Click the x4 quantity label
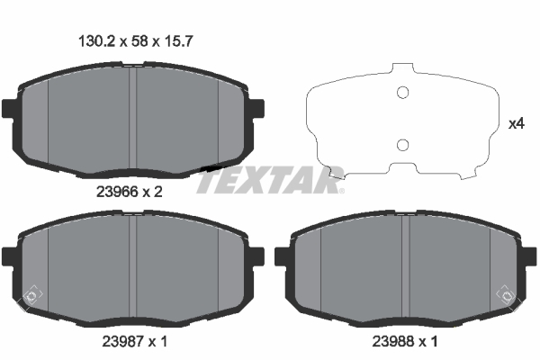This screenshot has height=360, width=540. (x=517, y=124)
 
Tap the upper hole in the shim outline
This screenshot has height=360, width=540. (x=403, y=93)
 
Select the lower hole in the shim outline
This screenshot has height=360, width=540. (x=403, y=145)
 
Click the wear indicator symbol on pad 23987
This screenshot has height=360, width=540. (x=31, y=293)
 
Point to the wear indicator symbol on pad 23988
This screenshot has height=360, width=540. (x=507, y=293)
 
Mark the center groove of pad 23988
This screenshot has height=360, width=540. (x=409, y=265)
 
